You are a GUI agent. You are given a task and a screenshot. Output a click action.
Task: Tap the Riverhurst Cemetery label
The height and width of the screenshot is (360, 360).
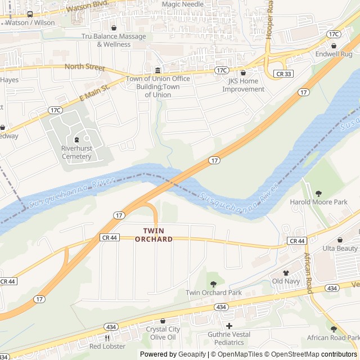pos(76,152)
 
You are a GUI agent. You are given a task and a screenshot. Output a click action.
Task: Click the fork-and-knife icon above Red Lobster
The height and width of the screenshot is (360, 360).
pos(107,338)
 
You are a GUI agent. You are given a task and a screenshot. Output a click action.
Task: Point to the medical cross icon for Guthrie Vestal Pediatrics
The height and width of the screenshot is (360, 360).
pos(229,326)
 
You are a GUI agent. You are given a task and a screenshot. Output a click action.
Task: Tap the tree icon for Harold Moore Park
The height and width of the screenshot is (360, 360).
pos(318,193)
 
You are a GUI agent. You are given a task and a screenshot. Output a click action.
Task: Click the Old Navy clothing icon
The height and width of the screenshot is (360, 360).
pos(285,273)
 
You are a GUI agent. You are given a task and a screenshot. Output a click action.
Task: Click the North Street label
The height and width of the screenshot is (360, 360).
pos(85,67)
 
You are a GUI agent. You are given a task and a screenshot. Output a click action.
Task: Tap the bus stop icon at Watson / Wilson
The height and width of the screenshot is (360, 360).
pos(30,15)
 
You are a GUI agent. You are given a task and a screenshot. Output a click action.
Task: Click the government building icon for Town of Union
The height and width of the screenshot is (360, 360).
pos(157,70)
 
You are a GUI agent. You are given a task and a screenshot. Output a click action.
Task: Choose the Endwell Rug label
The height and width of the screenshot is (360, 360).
pos(334,54)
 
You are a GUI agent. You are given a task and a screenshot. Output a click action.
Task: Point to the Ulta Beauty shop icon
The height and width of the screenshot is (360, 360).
pos(340,240)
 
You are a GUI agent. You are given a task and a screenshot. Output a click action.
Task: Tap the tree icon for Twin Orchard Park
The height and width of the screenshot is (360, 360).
pos(213,284)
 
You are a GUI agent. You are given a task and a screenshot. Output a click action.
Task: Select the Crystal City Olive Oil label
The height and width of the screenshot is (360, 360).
pos(163,333)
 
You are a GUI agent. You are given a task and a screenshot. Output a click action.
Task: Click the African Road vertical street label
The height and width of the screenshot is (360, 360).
pos(308,273)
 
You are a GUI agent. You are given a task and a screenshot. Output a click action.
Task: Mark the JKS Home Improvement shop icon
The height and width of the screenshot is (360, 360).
pos(243,73)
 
